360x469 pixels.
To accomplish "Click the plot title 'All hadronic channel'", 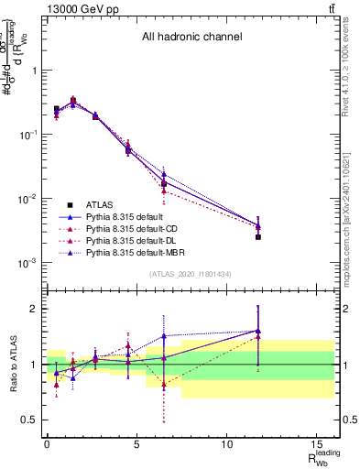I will pyautogui.click(x=191, y=38).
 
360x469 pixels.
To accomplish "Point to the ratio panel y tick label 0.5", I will pyautogui.click(x=29, y=420).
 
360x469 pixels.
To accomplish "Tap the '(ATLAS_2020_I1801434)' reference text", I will pyautogui.click(x=190, y=275).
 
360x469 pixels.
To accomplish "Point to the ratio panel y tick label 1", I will pyautogui.click(x=34, y=365).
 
